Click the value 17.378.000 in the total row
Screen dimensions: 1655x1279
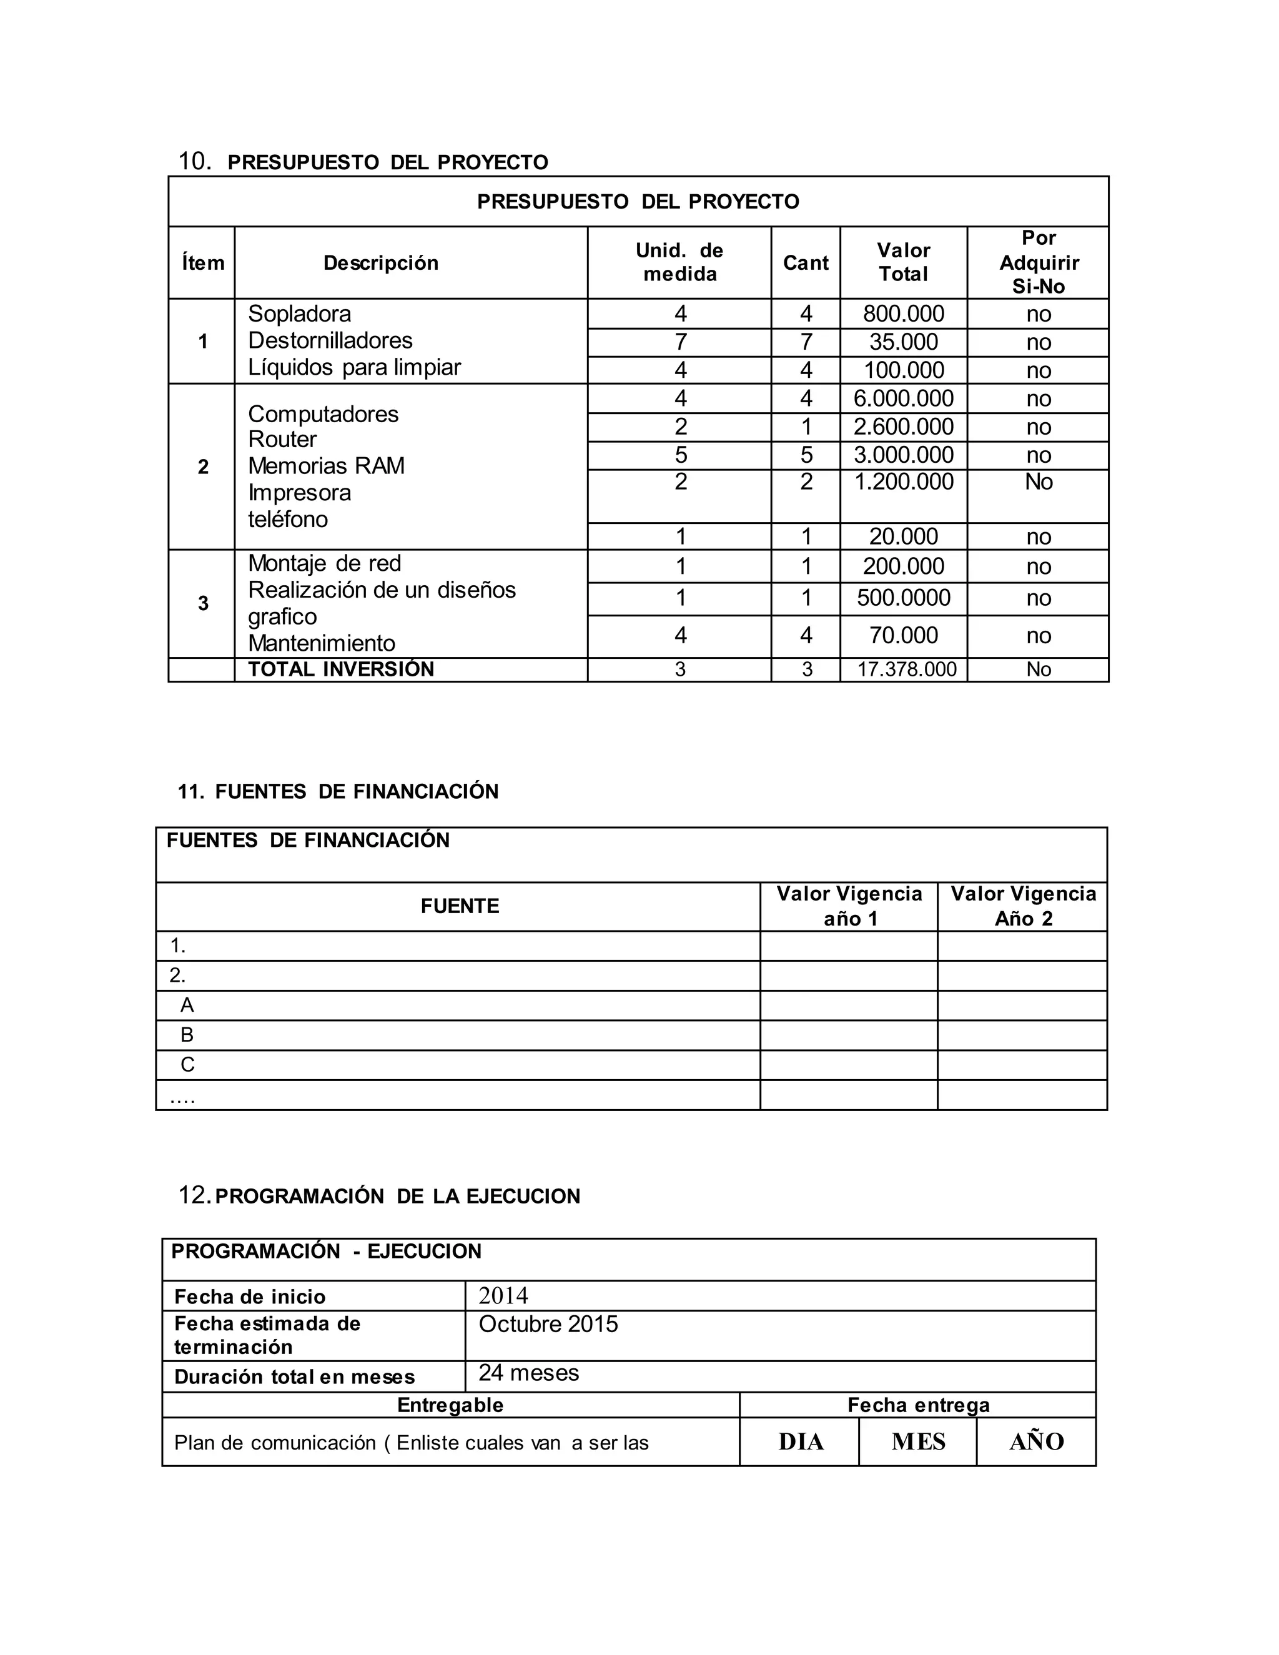tap(906, 670)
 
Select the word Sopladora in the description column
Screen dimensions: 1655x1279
tap(299, 314)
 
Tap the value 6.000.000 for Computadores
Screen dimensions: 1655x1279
tap(903, 398)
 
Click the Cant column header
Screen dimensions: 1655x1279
tap(806, 263)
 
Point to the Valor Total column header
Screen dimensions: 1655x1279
tap(903, 262)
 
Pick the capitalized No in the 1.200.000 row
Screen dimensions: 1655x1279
tap(1038, 482)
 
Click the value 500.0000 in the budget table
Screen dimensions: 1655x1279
tap(903, 598)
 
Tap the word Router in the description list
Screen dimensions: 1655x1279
tap(282, 440)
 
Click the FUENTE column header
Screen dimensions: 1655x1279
tap(459, 906)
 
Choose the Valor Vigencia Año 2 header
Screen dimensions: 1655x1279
tap(1023, 906)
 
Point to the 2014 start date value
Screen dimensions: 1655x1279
tap(503, 1297)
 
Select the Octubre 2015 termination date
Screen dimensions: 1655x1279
tap(548, 1325)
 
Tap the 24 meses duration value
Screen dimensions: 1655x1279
tap(528, 1373)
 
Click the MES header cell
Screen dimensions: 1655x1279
tap(918, 1441)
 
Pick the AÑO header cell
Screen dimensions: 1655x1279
tap(1037, 1441)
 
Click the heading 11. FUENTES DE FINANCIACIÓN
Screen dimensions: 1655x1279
tap(338, 792)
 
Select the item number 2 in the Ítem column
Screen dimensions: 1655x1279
tap(202, 467)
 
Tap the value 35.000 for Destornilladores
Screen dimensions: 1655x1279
tap(903, 342)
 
